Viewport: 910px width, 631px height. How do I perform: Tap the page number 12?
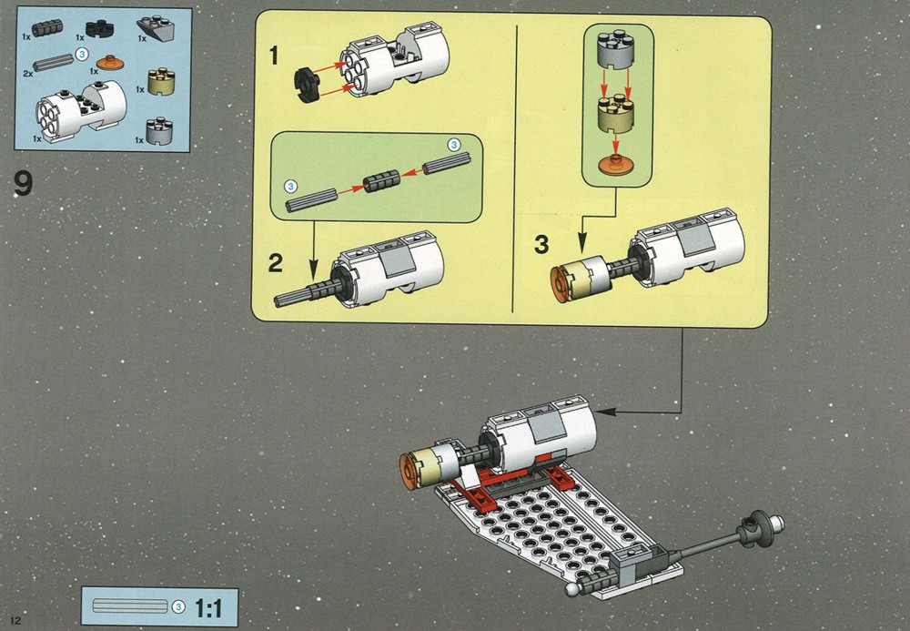pos(15,620)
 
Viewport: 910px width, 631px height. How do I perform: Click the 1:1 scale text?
pos(208,608)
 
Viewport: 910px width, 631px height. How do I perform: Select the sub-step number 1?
pos(274,56)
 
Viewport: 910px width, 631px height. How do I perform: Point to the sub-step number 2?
pos(275,263)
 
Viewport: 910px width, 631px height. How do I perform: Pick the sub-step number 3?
pos(541,244)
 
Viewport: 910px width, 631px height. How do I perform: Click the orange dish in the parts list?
pos(110,63)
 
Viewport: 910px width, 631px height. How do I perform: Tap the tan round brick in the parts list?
pos(161,82)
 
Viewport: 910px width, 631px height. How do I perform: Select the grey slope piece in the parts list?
pos(156,27)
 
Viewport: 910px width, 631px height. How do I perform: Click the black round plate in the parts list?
pos(100,29)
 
